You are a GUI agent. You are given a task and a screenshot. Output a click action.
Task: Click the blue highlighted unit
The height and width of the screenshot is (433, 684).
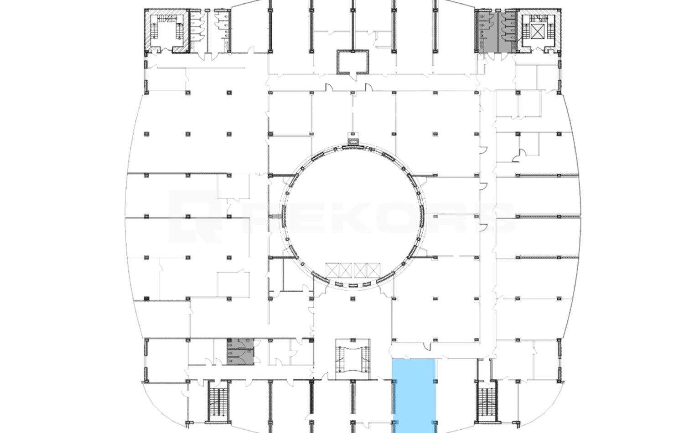click(x=414, y=396)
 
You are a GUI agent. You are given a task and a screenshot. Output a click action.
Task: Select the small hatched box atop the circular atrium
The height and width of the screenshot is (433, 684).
click(x=353, y=143)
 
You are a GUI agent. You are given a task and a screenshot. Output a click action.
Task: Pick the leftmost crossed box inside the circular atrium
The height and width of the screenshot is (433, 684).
click(x=332, y=270)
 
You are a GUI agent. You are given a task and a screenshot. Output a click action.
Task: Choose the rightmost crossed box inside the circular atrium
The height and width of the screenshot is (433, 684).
click(x=373, y=270)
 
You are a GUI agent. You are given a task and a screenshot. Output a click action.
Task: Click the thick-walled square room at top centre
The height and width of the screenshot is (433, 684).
click(x=352, y=62)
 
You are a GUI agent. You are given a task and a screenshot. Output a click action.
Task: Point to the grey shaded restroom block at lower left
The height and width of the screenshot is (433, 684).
click(x=240, y=351)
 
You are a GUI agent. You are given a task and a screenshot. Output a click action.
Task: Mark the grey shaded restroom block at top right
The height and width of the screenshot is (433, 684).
click(x=496, y=31)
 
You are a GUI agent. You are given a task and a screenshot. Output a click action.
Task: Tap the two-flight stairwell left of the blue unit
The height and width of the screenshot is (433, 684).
click(x=352, y=359)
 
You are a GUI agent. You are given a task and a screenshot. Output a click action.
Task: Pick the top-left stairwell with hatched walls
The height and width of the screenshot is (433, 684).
click(x=166, y=31)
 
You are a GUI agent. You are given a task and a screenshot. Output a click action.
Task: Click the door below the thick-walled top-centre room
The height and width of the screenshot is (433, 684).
click(x=353, y=77)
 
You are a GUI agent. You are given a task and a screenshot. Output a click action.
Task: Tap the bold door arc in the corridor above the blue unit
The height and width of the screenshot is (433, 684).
click(x=427, y=346)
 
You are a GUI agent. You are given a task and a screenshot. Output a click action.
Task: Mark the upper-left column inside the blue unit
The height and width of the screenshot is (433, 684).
click(x=394, y=381)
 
